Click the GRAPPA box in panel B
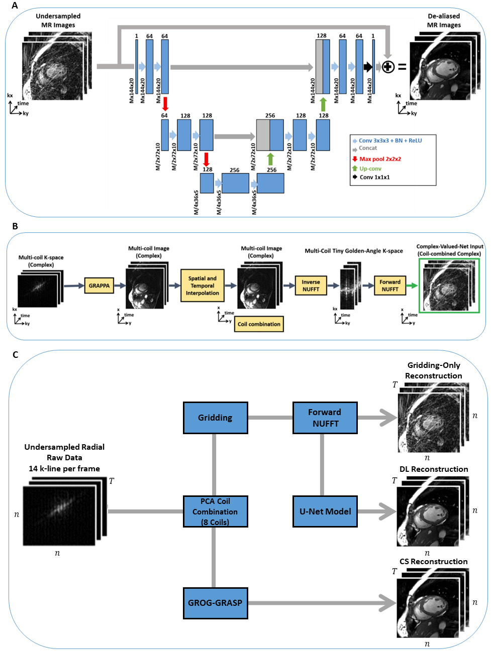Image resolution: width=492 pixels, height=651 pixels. (x=99, y=286)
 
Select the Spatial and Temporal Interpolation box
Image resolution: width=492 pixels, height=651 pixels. (x=202, y=286)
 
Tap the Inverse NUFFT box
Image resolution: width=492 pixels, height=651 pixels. (x=311, y=286)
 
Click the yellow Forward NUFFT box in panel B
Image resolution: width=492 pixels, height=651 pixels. (x=389, y=286)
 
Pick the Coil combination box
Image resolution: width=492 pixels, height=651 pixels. (x=259, y=324)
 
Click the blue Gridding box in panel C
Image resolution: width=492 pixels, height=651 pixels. (x=215, y=418)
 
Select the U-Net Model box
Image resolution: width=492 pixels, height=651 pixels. (x=325, y=511)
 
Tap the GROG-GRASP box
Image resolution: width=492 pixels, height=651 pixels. (x=215, y=603)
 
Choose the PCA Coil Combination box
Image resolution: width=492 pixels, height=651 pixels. (x=215, y=511)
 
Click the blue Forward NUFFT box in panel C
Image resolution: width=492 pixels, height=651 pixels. (x=325, y=418)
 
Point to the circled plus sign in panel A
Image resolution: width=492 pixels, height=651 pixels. (x=388, y=67)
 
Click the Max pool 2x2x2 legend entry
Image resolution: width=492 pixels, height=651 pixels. (x=379, y=159)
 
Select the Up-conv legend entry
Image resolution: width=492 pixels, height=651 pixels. (x=370, y=169)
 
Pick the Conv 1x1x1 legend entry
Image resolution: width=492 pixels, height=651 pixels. (x=374, y=177)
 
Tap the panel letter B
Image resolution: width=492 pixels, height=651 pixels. (x=15, y=226)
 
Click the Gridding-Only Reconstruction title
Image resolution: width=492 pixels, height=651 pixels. (x=433, y=370)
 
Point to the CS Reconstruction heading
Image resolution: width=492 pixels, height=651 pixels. (x=433, y=561)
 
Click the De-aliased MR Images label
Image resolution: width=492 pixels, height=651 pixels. (x=444, y=21)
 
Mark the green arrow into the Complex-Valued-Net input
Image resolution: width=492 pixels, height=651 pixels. (x=412, y=286)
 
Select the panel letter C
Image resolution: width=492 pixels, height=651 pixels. (x=15, y=355)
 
